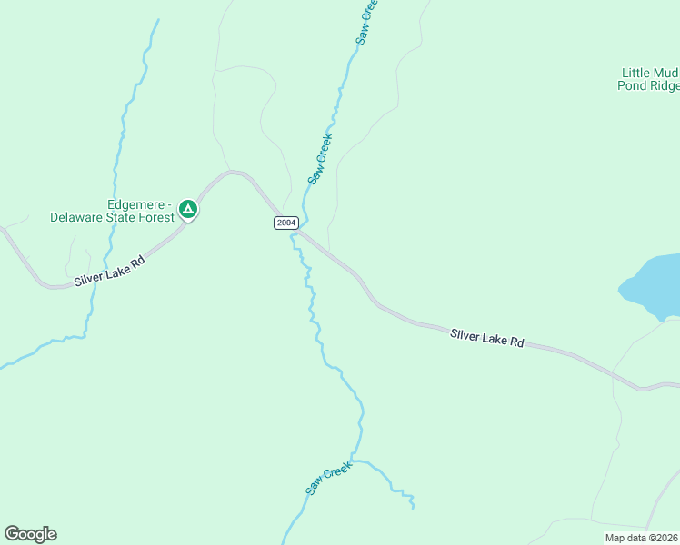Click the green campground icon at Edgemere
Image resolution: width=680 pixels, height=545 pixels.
click(x=187, y=210)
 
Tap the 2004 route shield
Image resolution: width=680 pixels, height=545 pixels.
click(x=286, y=223)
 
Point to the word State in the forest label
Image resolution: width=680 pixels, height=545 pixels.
click(x=125, y=218)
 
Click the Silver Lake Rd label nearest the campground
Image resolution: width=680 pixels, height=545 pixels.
click(x=109, y=270)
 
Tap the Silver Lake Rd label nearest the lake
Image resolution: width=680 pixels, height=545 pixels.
click(x=487, y=338)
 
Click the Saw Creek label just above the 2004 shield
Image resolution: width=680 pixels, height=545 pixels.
click(x=320, y=160)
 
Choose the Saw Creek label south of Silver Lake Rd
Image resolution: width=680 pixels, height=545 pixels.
click(x=328, y=476)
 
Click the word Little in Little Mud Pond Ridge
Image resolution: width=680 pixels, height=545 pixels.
click(x=638, y=73)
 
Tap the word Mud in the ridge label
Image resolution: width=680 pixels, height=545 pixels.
click(x=668, y=73)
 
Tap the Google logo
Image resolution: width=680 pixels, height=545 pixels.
click(x=30, y=534)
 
